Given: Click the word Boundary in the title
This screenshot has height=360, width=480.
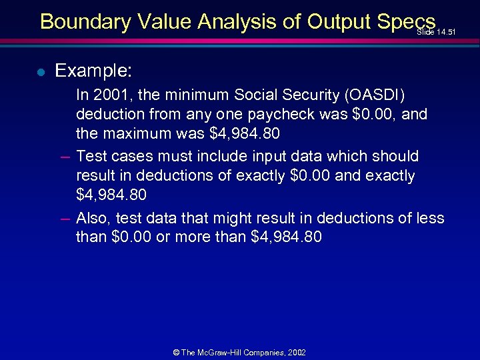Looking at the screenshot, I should tap(85, 21).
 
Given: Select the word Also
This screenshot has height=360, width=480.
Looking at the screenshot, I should tap(94, 218).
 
